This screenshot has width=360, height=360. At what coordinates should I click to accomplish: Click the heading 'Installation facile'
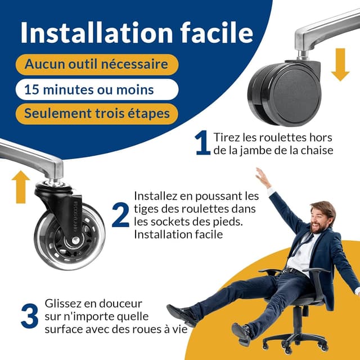point(137,33)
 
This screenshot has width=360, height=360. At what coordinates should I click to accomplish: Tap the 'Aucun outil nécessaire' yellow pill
point(96,64)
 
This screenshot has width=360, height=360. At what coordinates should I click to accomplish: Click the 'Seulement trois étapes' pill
point(96,114)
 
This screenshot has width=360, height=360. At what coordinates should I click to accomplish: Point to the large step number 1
point(202,143)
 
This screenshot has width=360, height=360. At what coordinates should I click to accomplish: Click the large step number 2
point(120,216)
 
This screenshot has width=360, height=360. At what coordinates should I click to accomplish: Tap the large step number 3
point(29,317)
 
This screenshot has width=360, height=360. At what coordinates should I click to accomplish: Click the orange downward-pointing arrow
point(340,65)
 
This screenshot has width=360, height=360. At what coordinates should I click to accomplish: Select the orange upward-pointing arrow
point(21,186)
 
